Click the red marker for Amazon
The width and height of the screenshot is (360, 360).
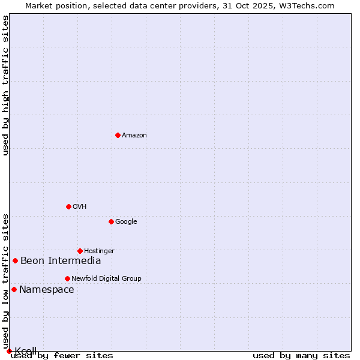pyautogui.click(x=118, y=135)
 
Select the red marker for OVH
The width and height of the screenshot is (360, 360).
pyautogui.click(x=68, y=206)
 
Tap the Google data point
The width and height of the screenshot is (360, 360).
pyautogui.click(x=111, y=221)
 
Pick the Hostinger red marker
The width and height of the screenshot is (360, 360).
pyautogui.click(x=80, y=251)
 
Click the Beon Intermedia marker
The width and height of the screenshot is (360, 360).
pyautogui.click(x=15, y=260)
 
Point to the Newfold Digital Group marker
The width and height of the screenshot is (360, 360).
pyautogui.click(x=67, y=278)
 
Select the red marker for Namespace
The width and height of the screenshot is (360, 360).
pyautogui.click(x=14, y=289)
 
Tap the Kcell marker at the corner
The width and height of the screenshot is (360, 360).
pyautogui.click(x=9, y=351)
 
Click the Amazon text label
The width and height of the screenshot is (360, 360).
pyautogui.click(x=134, y=136)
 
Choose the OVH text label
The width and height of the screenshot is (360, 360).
pyautogui.click(x=80, y=207)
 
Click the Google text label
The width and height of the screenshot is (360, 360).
pyautogui.click(x=126, y=222)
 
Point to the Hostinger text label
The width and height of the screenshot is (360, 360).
pyautogui.click(x=99, y=251)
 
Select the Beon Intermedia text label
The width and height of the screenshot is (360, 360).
pyautogui.click(x=61, y=260)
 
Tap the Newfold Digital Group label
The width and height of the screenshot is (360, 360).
pyautogui.click(x=106, y=278)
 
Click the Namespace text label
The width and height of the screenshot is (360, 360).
pyautogui.click(x=47, y=290)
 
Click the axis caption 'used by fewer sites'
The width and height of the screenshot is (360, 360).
pyautogui.click(x=62, y=355)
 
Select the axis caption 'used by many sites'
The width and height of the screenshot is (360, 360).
pyautogui.click(x=301, y=355)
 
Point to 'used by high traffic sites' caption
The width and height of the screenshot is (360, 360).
pyautogui.click(x=6, y=85)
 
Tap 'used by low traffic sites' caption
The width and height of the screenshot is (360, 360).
pyautogui.click(x=6, y=281)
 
